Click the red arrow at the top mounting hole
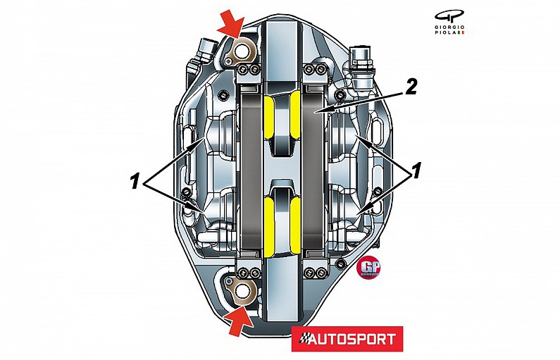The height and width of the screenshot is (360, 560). (x=232, y=25)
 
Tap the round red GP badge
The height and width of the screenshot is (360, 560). (x=369, y=268)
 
